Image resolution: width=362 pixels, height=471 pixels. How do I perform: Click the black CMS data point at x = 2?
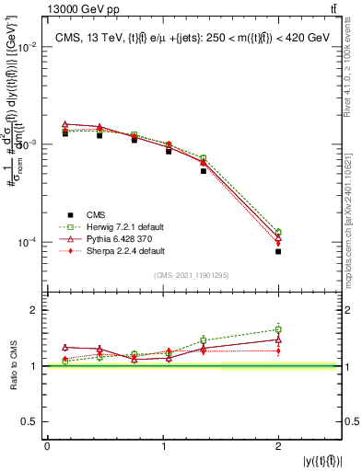277,251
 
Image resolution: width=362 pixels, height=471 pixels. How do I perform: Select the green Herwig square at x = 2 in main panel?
277,232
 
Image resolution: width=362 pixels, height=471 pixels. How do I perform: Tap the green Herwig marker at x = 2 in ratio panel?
277,329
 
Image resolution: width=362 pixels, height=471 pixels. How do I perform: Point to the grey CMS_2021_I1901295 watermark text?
191,276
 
